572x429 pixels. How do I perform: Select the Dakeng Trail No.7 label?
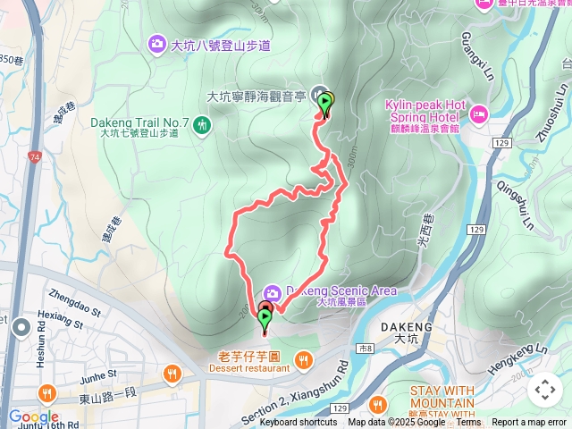139,122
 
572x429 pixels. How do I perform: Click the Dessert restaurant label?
246,367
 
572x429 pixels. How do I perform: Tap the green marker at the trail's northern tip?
325,105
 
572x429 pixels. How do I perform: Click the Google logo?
34,416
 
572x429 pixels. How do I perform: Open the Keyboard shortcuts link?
299,423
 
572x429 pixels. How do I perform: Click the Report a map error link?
529,423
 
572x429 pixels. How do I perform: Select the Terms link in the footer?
468,423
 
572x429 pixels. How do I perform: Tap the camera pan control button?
545,390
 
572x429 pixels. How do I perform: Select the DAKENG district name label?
406,327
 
